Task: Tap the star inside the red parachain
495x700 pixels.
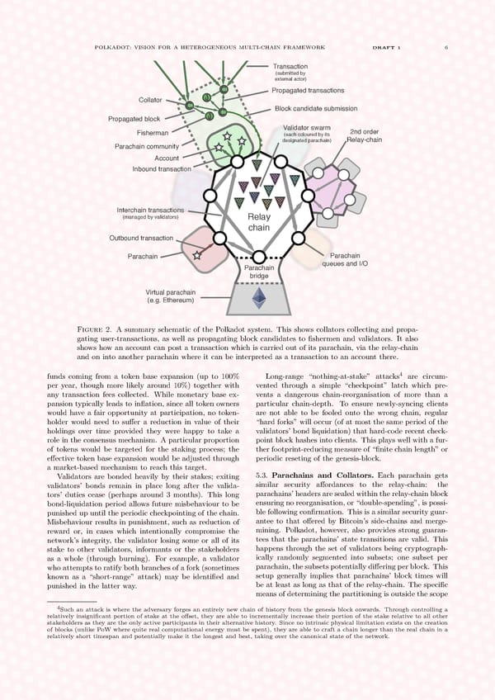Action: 197,256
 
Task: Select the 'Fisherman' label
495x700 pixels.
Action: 153,133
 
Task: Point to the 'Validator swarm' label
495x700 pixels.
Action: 306,127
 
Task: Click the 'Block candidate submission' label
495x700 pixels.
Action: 316,109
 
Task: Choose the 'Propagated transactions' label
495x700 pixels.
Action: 308,90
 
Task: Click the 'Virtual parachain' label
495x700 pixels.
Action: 171,296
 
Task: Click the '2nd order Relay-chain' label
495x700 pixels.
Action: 364,135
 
